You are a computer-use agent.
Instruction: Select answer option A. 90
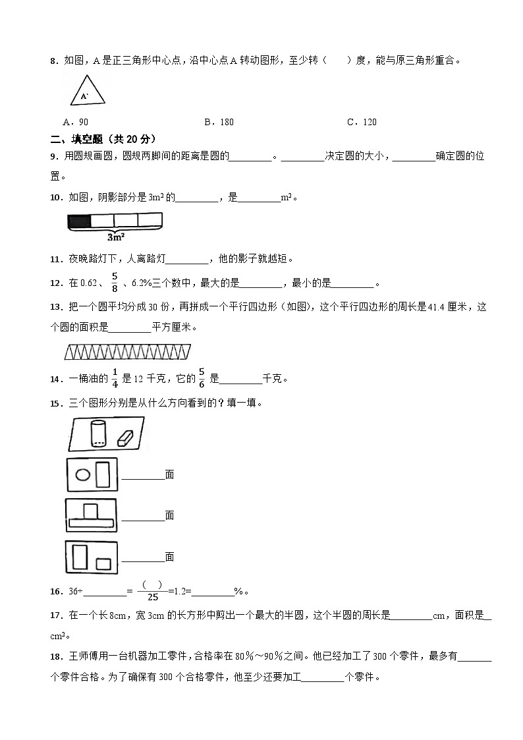tap(75, 122)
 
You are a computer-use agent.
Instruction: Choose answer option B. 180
tap(219, 122)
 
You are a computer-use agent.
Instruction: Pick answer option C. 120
tap(362, 122)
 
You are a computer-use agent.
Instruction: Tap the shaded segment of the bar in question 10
tap(79, 221)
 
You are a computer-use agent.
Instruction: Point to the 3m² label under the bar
tap(116, 237)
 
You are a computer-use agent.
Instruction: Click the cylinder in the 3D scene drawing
tap(98, 435)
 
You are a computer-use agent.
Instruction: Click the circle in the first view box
tap(82, 474)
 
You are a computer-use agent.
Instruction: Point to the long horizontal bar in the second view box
tap(91, 523)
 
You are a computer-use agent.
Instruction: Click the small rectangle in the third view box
tap(103, 563)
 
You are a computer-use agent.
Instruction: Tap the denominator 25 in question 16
tap(153, 597)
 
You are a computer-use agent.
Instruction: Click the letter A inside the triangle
tap(84, 96)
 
